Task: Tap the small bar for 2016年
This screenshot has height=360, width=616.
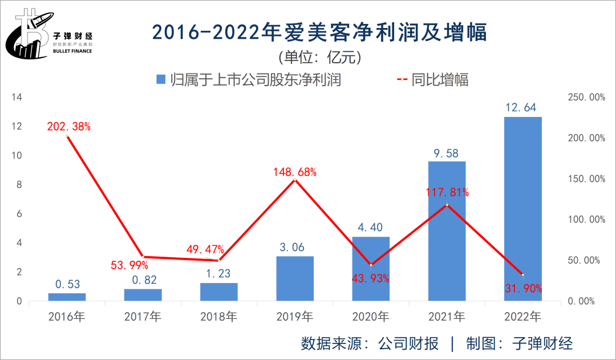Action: click(67, 297)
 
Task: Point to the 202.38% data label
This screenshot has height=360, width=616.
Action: click(68, 127)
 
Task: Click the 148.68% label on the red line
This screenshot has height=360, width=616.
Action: click(294, 172)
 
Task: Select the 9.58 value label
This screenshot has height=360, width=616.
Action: click(447, 153)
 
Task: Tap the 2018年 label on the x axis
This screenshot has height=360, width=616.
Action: click(219, 316)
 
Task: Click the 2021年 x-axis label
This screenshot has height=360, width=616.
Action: click(447, 316)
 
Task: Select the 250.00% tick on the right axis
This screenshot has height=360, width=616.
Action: click(587, 98)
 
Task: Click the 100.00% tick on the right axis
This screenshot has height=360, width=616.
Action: click(587, 220)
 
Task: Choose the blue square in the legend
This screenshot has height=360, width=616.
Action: click(160, 79)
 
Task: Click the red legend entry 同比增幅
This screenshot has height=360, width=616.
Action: click(439, 79)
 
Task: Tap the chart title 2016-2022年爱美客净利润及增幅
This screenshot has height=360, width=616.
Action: click(319, 33)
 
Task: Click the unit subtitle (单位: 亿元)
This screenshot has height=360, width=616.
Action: click(319, 57)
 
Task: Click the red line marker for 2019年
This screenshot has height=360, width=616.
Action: click(294, 180)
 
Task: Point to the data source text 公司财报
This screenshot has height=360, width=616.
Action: click(408, 343)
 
